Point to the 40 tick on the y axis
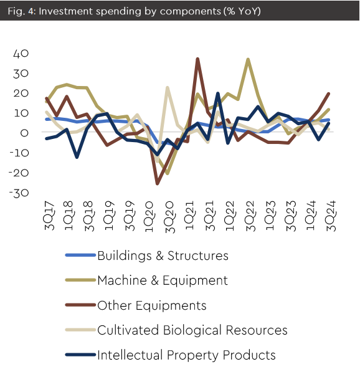pyautogui.click(x=21, y=54)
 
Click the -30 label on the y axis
pyautogui.click(x=19, y=193)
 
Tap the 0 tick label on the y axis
pyautogui.click(x=24, y=133)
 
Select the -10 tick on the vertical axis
pyautogui.click(x=19, y=153)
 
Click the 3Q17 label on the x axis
pyautogui.click(x=49, y=216)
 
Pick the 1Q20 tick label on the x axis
pyautogui.click(x=149, y=217)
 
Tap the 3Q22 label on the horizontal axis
pyautogui.click(x=250, y=216)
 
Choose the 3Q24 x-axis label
pyautogui.click(x=331, y=216)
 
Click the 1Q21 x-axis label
pyautogui.click(x=190, y=216)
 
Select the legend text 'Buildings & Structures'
pyautogui.click(x=163, y=256)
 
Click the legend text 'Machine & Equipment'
pyautogui.click(x=163, y=280)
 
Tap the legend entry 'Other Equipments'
pyautogui.click(x=152, y=305)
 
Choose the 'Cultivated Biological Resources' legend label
pyautogui.click(x=192, y=330)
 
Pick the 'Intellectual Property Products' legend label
pyautogui.click(x=186, y=355)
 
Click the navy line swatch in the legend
pyautogui.click(x=80, y=355)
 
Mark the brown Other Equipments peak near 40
pyautogui.click(x=197, y=59)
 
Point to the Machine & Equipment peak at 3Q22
pyautogui.click(x=248, y=59)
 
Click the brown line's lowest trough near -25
pyautogui.click(x=157, y=183)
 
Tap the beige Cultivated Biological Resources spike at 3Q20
pyautogui.click(x=168, y=88)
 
